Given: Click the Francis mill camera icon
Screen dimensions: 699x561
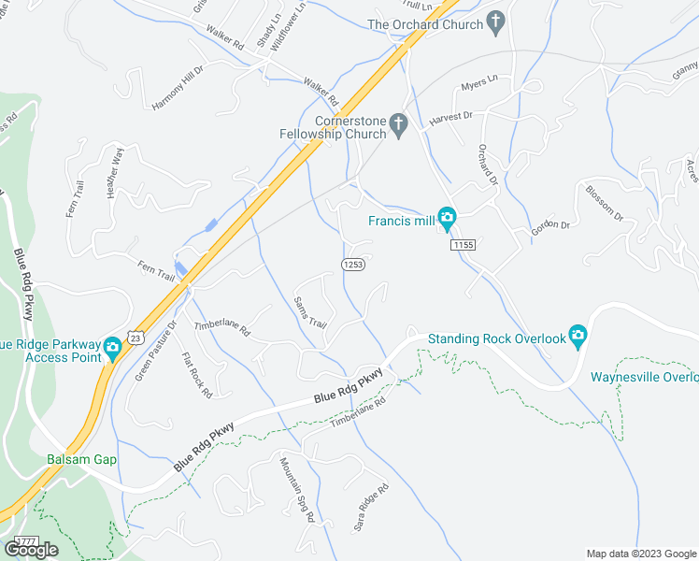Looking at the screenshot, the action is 447,220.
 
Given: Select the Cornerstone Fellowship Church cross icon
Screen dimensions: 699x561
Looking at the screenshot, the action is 399,124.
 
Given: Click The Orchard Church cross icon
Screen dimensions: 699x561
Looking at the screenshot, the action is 496,21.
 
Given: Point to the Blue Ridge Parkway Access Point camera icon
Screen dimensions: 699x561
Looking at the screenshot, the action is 112,350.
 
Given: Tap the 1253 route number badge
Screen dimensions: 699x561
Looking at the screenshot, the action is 352,265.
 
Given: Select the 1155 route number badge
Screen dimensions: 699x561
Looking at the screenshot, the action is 463,245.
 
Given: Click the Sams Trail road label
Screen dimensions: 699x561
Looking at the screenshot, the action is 310,312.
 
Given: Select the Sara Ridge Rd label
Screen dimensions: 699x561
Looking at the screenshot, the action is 368,506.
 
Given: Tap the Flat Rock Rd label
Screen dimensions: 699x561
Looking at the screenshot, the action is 197,375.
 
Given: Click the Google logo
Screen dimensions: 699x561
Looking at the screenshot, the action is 31,550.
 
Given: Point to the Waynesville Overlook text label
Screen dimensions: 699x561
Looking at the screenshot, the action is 644,378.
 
